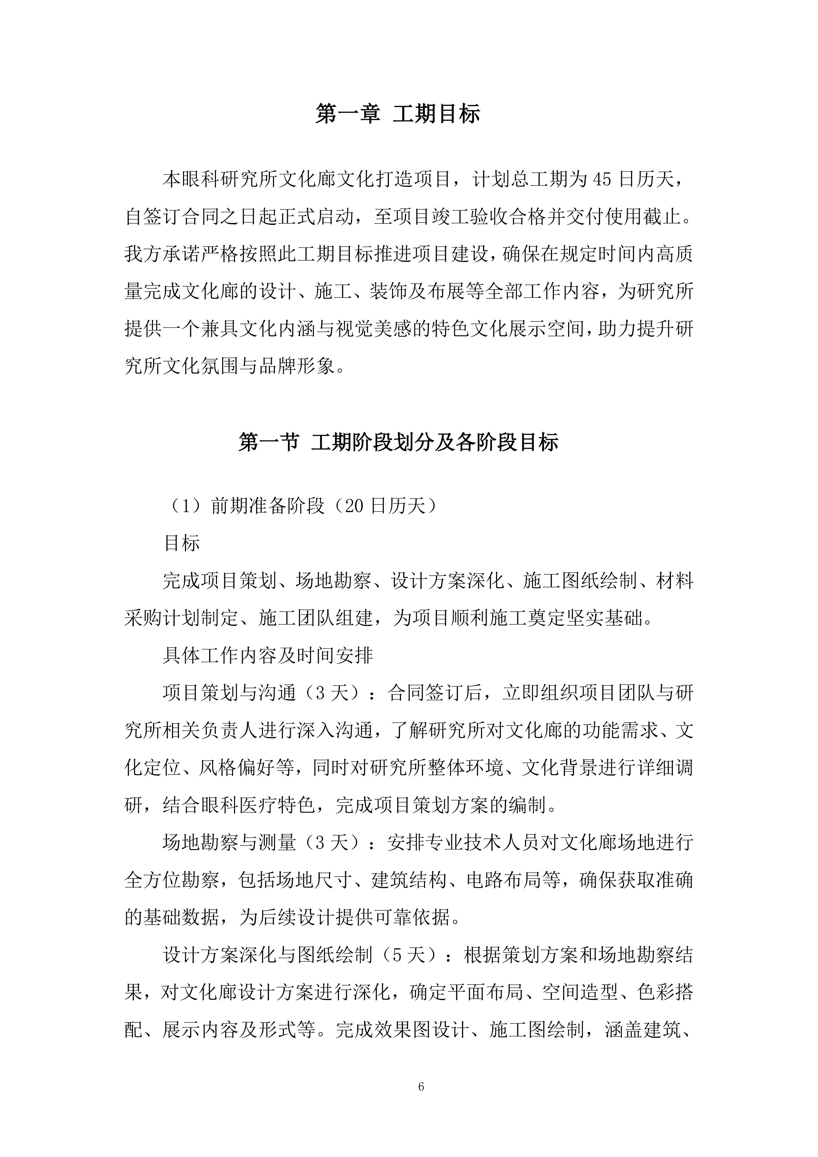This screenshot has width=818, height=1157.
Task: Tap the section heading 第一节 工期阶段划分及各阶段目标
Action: point(398,442)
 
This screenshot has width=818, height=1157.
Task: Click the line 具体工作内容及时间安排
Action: point(267,655)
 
